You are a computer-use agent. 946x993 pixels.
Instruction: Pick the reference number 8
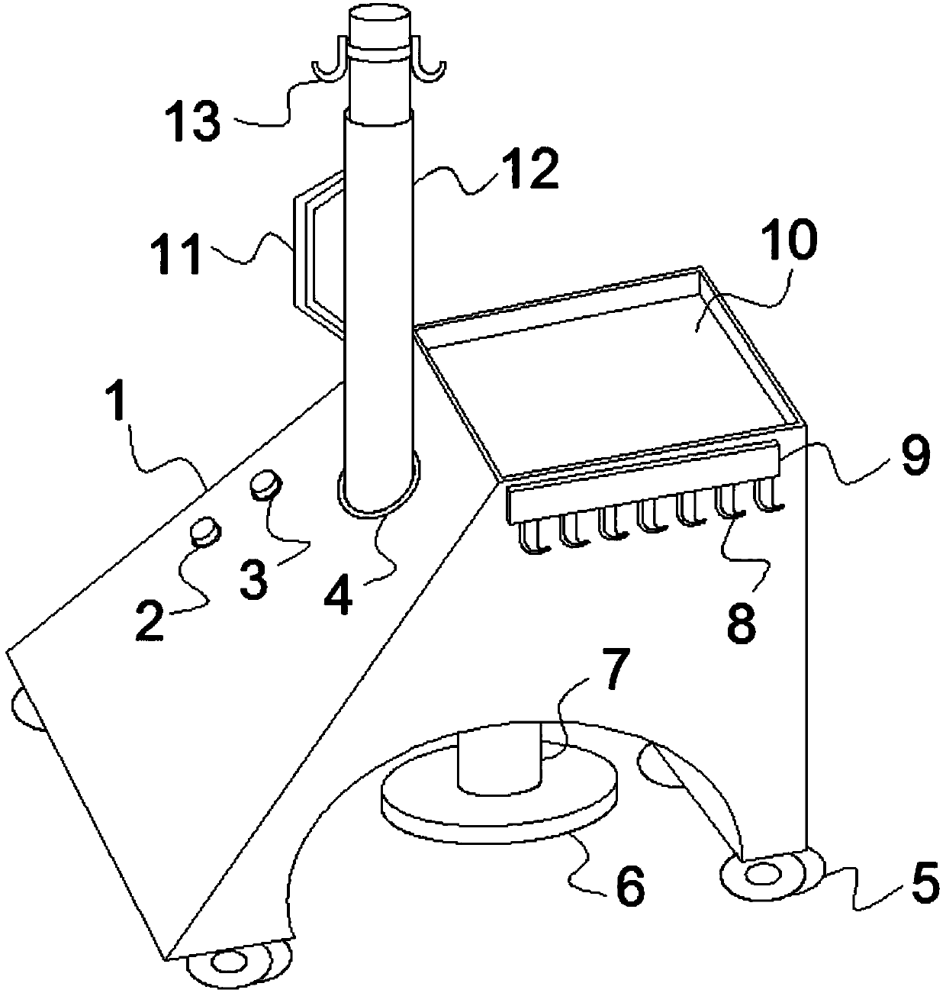tap(740, 624)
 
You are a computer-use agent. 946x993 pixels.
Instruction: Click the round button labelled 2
tap(204, 531)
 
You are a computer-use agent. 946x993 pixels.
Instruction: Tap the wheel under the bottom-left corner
tap(227, 963)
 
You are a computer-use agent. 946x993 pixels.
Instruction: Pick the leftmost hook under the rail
tap(531, 534)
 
